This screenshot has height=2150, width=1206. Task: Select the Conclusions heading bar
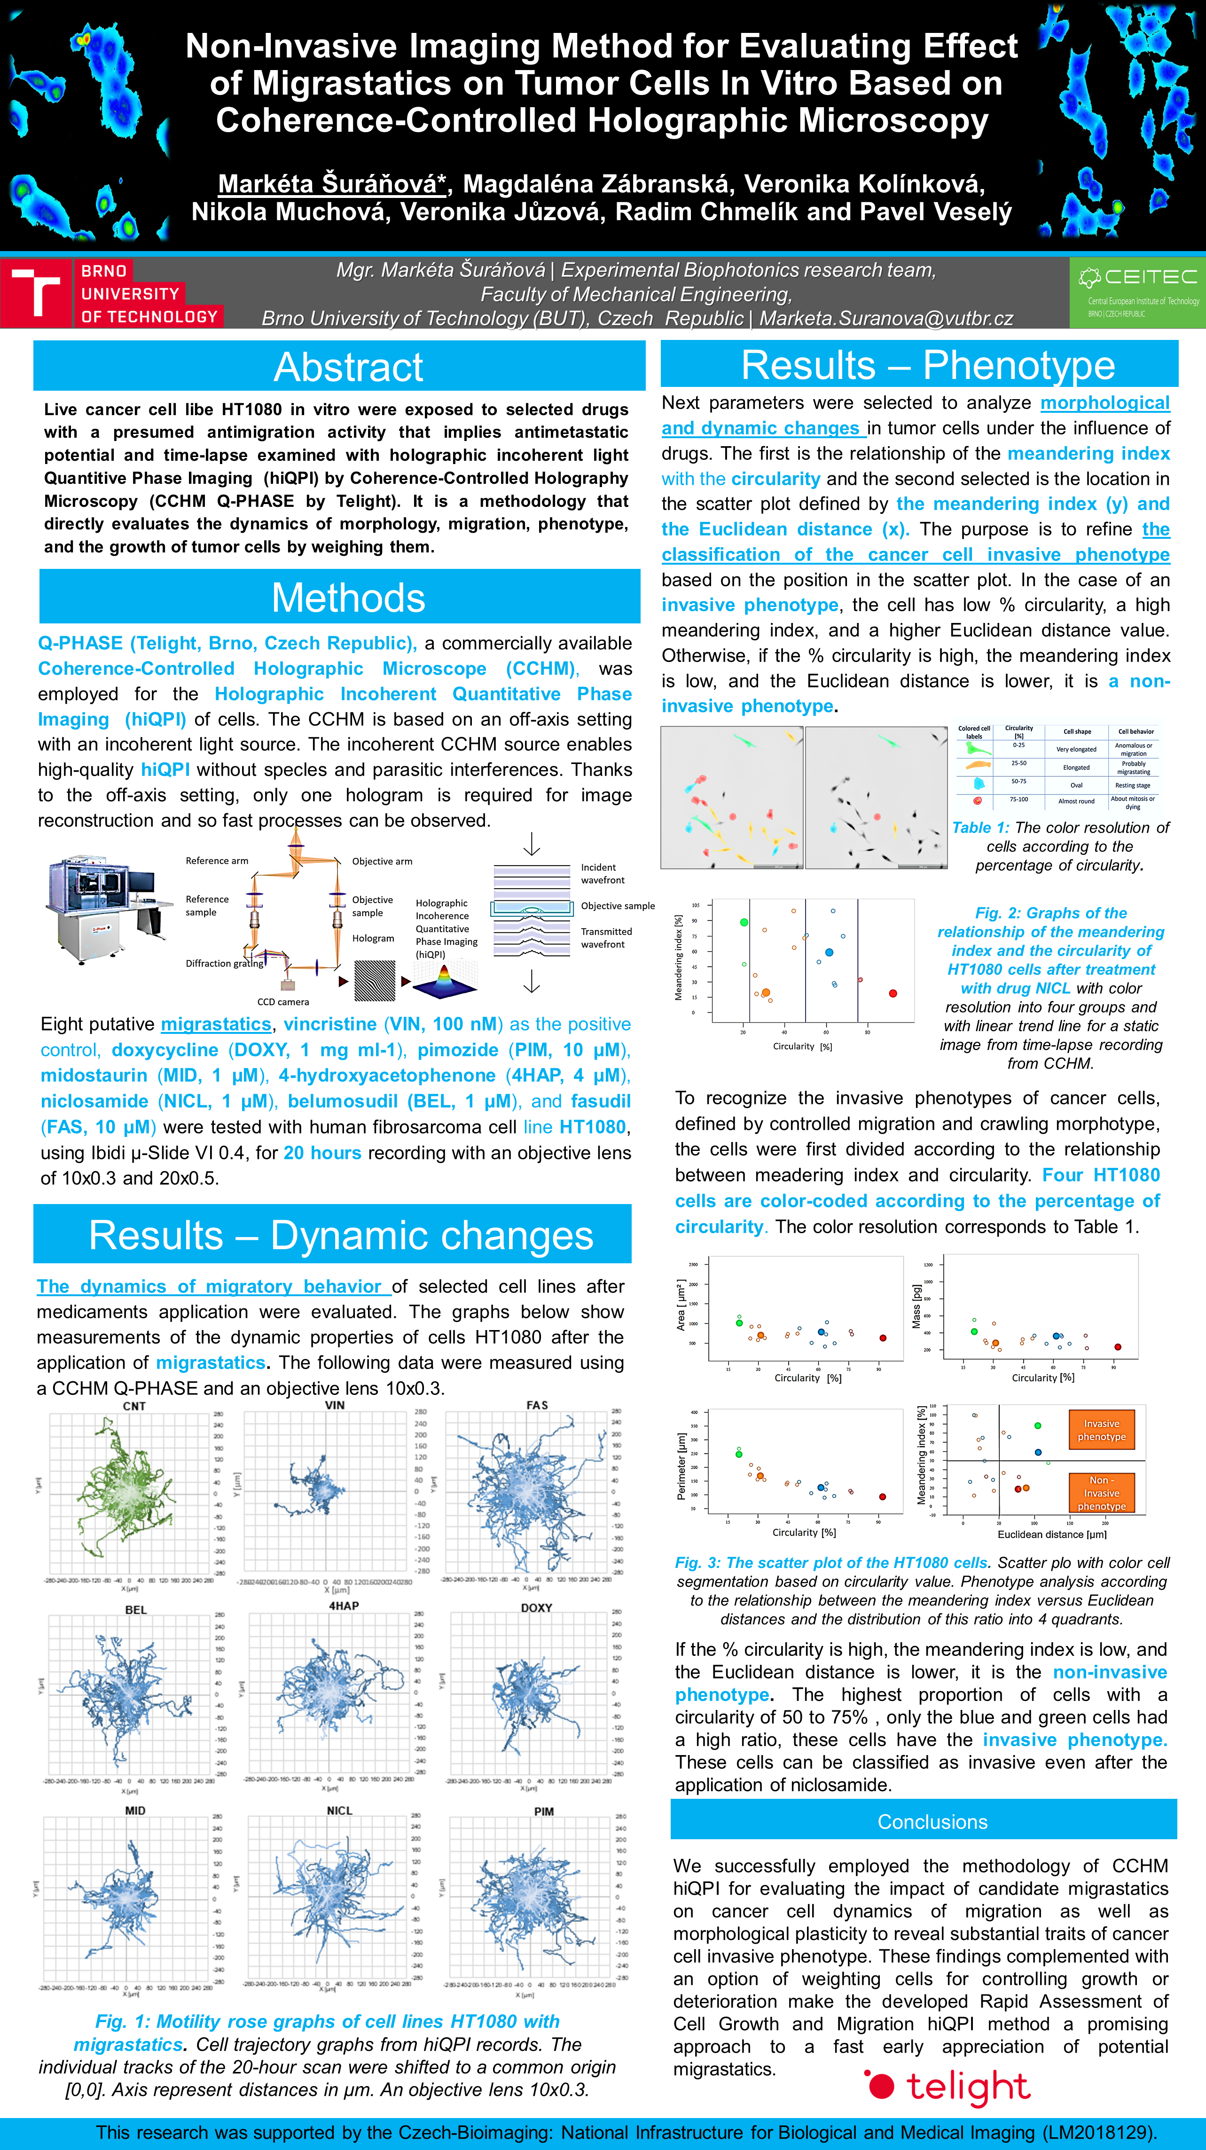pyautogui.click(x=932, y=1821)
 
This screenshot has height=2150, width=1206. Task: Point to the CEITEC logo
pyautogui.click(x=1137, y=292)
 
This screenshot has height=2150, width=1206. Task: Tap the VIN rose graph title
pyautogui.click(x=335, y=1405)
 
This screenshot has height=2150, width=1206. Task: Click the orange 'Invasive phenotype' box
pyautogui.click(x=1102, y=1430)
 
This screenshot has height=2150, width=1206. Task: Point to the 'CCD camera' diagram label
pyautogui.click(x=283, y=1001)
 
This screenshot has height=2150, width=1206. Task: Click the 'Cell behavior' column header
pyautogui.click(x=1136, y=731)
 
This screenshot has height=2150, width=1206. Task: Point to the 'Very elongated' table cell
pyautogui.click(x=1076, y=749)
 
